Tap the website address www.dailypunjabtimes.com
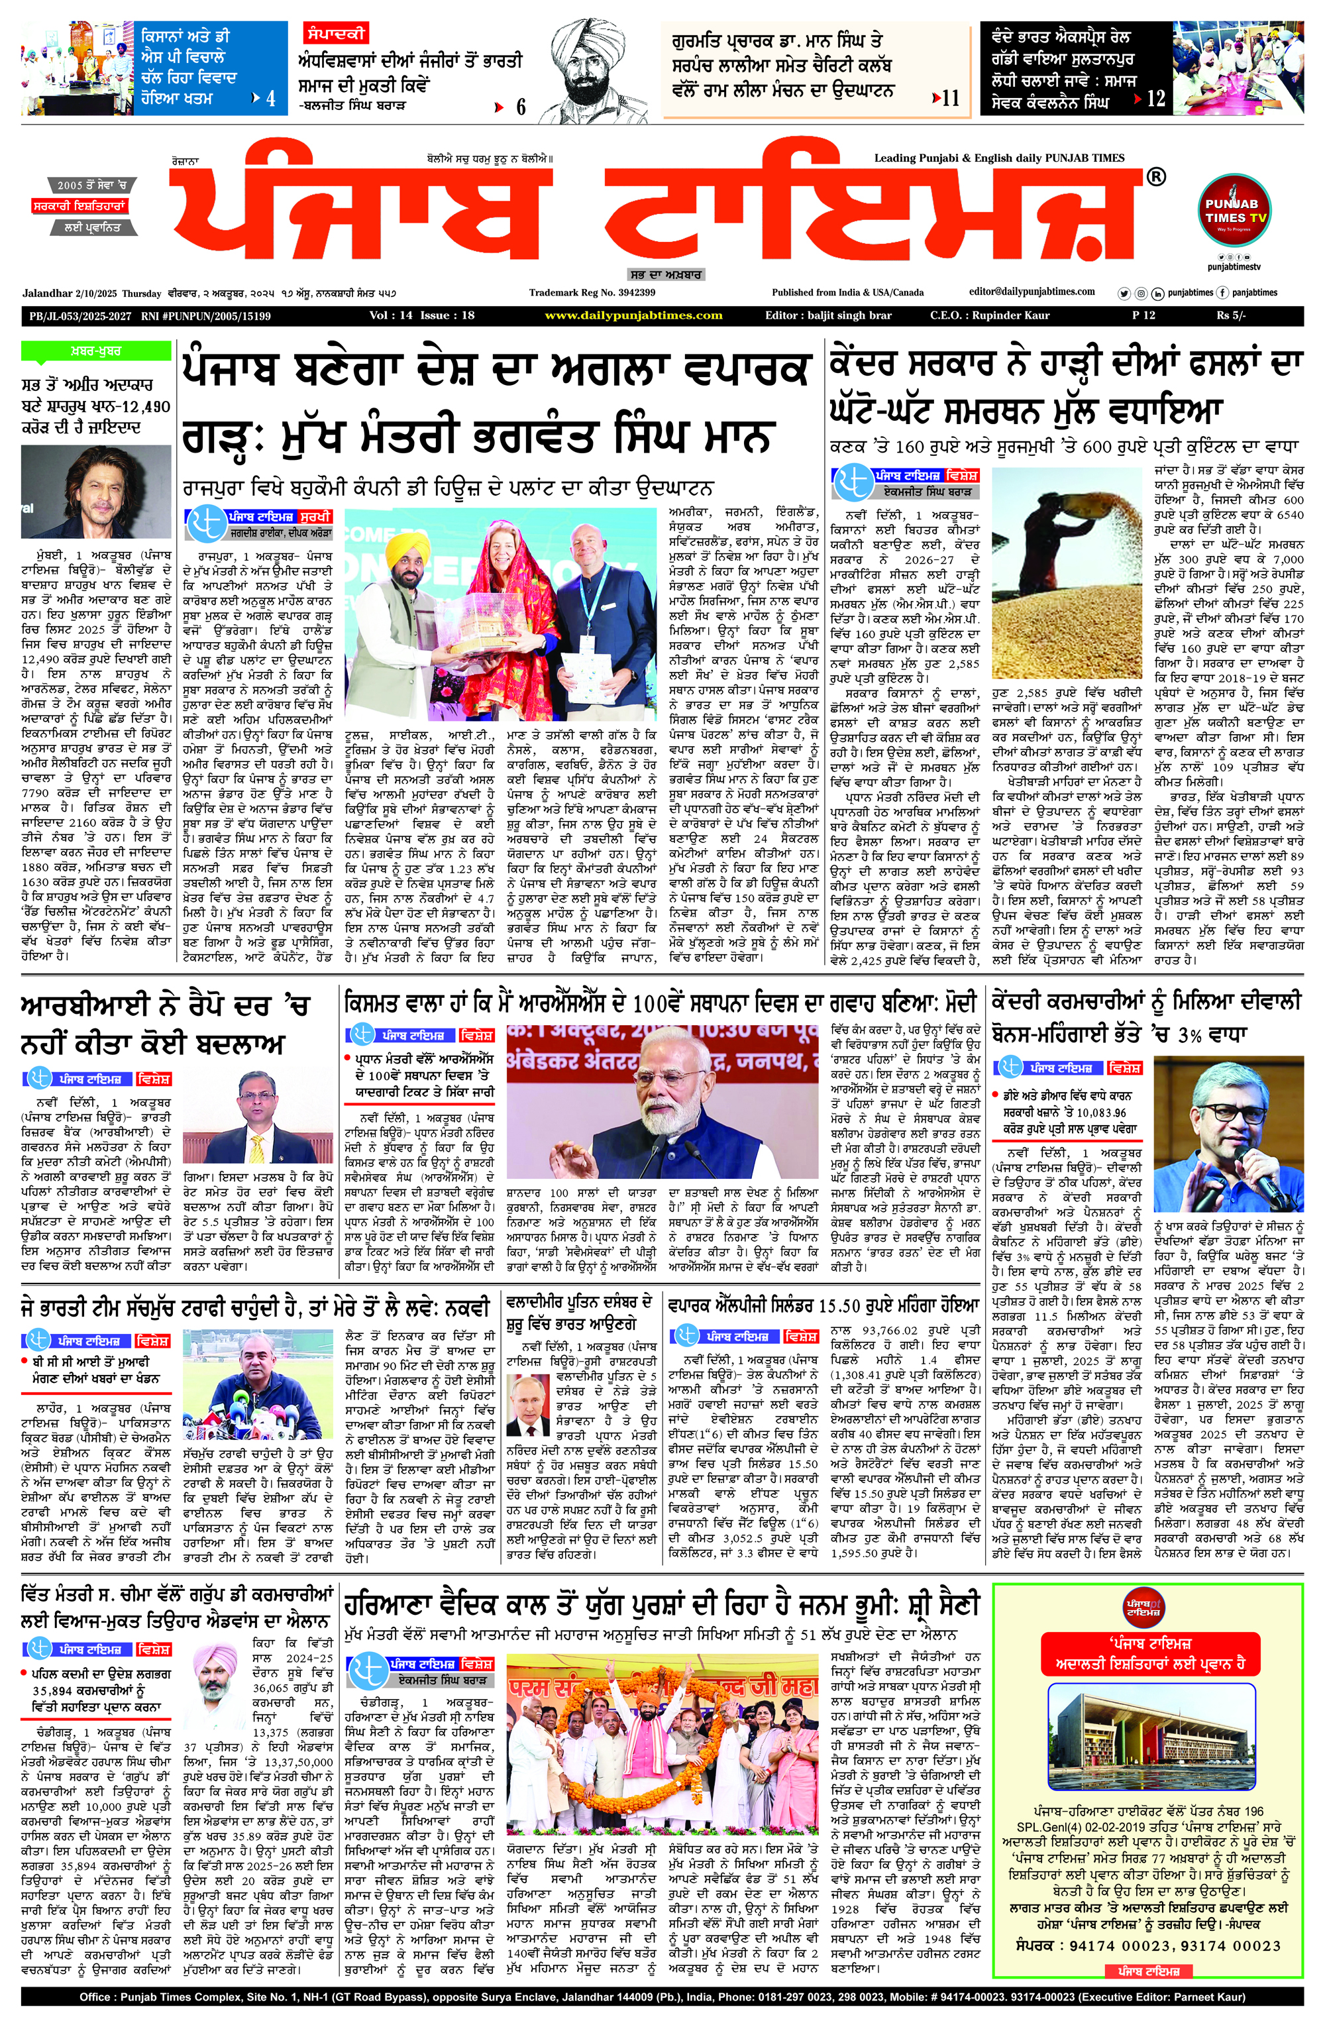(x=633, y=316)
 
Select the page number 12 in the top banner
(x=1155, y=98)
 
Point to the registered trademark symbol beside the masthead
(x=1155, y=177)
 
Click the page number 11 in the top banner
(x=950, y=98)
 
